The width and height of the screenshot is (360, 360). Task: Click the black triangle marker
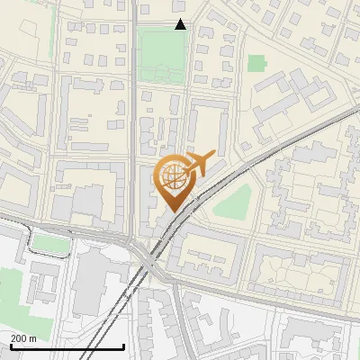click(180, 24)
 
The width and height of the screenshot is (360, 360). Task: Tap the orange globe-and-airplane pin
click(175, 181)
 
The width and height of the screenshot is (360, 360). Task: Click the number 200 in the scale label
click(19, 338)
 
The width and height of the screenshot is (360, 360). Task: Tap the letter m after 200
click(33, 338)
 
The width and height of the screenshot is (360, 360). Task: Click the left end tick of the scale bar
click(10, 346)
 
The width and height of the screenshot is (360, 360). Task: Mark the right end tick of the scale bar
click(123, 346)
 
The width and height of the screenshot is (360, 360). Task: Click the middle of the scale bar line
click(67, 347)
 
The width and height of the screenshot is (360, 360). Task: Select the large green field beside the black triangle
click(162, 54)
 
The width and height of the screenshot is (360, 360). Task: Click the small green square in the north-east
click(256, 63)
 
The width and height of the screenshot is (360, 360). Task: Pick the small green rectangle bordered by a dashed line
click(51, 244)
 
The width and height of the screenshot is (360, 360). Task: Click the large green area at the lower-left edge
click(9, 297)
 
